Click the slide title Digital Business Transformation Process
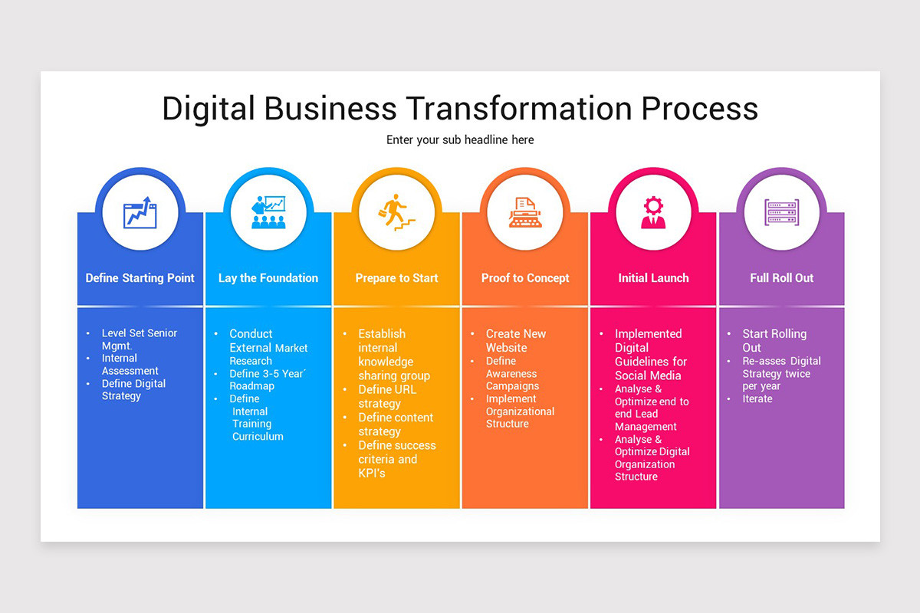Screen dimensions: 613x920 pyautogui.click(x=460, y=108)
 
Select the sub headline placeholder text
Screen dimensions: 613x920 pyautogui.click(x=460, y=140)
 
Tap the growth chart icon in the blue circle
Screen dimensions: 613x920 pyautogui.click(x=140, y=212)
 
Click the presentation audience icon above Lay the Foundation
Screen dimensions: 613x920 pyautogui.click(x=268, y=212)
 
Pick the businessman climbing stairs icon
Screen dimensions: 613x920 pyautogui.click(x=396, y=212)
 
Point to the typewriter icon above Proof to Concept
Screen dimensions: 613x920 pyautogui.click(x=525, y=212)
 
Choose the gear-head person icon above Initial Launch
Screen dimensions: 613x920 pyautogui.click(x=653, y=212)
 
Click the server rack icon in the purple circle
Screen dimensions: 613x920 pyautogui.click(x=781, y=212)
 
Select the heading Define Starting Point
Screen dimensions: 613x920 pyautogui.click(x=140, y=278)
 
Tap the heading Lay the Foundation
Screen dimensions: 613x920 pyautogui.click(x=268, y=278)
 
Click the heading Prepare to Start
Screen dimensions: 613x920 pyautogui.click(x=396, y=278)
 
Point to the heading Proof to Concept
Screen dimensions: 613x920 pyautogui.click(x=525, y=278)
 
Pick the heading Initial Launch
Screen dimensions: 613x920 pyautogui.click(x=653, y=278)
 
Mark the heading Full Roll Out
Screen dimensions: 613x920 pyautogui.click(x=781, y=278)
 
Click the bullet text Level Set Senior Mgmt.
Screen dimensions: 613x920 pyautogui.click(x=139, y=339)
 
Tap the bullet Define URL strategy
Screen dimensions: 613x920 pyautogui.click(x=387, y=396)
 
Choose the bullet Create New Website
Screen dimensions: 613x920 pyautogui.click(x=516, y=340)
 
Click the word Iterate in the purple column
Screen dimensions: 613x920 pyautogui.click(x=757, y=398)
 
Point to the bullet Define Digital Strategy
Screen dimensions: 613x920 pyautogui.click(x=133, y=389)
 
